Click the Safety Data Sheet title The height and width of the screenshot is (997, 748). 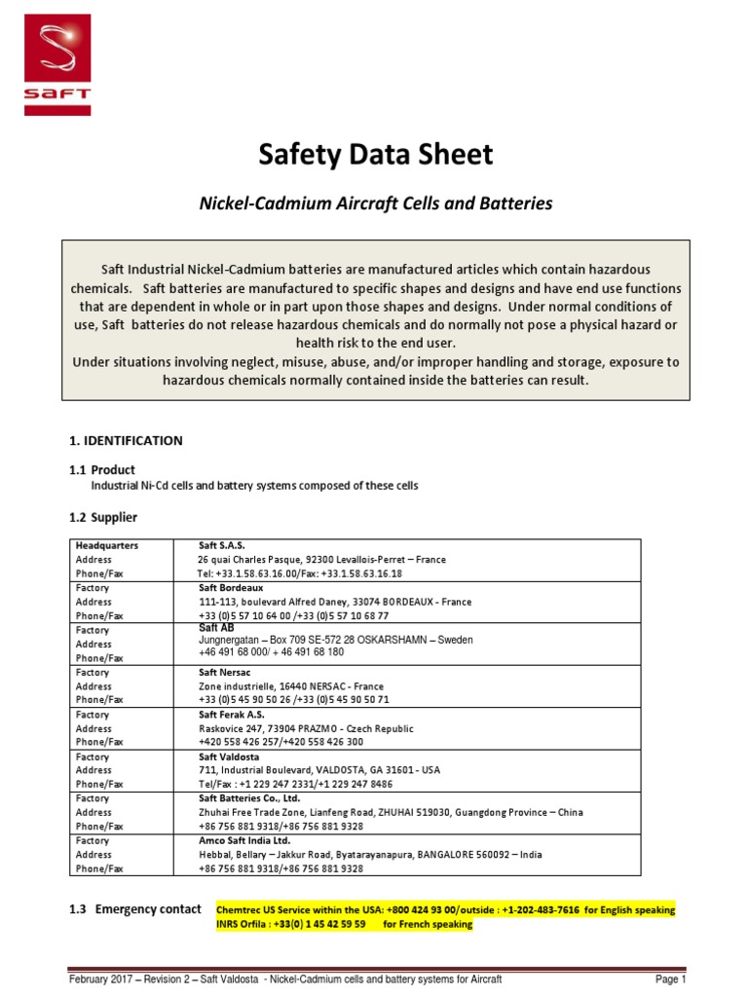(375, 155)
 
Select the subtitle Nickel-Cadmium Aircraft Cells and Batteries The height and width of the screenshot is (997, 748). (375, 203)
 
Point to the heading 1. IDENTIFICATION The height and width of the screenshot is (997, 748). (126, 440)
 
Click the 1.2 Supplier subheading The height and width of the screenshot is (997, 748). (103, 517)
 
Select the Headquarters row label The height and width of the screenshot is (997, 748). (107, 546)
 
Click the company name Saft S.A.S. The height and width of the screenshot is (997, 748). (223, 546)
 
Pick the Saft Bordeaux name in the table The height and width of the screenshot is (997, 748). (231, 588)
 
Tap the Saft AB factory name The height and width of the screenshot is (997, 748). (216, 629)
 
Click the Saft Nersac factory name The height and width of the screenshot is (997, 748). (226, 672)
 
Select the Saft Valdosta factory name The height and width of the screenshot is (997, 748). (230, 757)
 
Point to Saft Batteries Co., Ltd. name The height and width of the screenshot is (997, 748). (248, 798)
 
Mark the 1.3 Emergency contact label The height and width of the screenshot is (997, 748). (135, 909)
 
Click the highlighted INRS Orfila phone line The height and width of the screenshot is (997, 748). (344, 925)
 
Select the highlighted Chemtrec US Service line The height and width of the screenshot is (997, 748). (445, 910)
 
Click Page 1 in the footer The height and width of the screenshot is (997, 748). (671, 979)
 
